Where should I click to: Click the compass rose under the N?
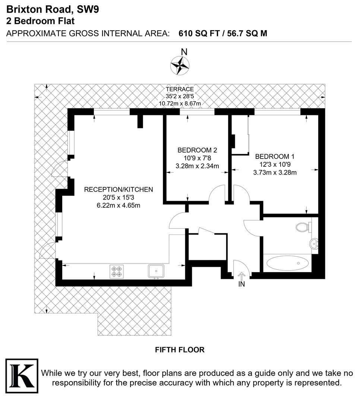point(180,65)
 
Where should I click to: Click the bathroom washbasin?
point(314,244)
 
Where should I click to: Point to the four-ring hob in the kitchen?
point(116,271)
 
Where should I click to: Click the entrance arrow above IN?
point(241,276)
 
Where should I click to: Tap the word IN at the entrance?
point(241,285)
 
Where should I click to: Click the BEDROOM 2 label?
point(197,150)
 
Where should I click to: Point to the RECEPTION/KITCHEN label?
point(119,189)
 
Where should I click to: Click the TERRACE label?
point(180,89)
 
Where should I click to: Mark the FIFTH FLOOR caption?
point(180,350)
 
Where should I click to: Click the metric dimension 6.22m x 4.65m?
point(119,205)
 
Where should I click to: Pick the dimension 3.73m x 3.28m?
point(275,172)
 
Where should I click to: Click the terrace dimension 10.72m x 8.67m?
point(180,103)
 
